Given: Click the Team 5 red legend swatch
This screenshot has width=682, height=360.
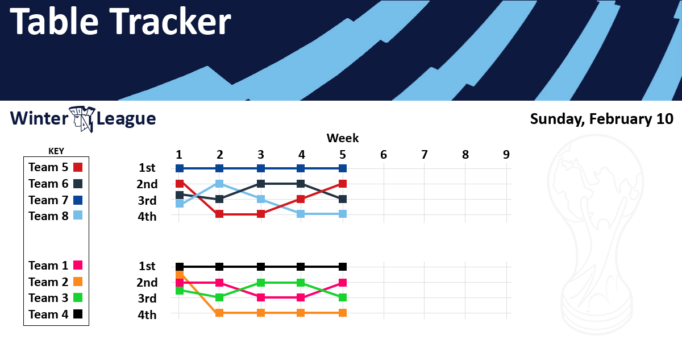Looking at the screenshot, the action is (x=78, y=167).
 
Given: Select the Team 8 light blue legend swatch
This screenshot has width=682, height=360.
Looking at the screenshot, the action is (x=78, y=216).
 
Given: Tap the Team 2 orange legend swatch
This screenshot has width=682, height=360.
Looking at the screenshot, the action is (x=78, y=282).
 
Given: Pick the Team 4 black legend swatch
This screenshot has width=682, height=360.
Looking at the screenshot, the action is (x=78, y=314).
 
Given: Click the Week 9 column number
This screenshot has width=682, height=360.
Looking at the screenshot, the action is (x=506, y=155).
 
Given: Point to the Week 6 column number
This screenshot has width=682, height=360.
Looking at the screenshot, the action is (x=383, y=155).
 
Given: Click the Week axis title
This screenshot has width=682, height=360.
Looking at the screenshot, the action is (x=343, y=138).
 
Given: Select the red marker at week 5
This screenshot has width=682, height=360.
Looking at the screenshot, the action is (x=343, y=184).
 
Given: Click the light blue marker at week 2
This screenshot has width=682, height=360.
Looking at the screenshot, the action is (x=219, y=184).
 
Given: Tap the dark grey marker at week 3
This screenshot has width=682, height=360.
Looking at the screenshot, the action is (x=261, y=184).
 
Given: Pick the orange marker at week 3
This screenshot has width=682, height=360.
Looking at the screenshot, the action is (x=261, y=313).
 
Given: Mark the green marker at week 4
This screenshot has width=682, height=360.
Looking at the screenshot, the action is (x=301, y=283).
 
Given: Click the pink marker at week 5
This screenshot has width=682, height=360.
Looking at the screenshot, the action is (x=343, y=283).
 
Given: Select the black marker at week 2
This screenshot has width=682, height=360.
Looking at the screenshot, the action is (x=219, y=267).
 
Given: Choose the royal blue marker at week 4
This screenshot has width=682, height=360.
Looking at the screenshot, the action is (x=301, y=168).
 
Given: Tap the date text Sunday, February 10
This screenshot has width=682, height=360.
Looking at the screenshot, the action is (x=602, y=119).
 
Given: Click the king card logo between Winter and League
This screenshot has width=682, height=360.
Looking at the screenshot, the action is (x=82, y=119).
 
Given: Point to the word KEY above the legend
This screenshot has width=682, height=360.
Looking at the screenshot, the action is (x=56, y=151).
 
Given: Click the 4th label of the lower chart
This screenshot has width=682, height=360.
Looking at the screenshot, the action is (x=147, y=315).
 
